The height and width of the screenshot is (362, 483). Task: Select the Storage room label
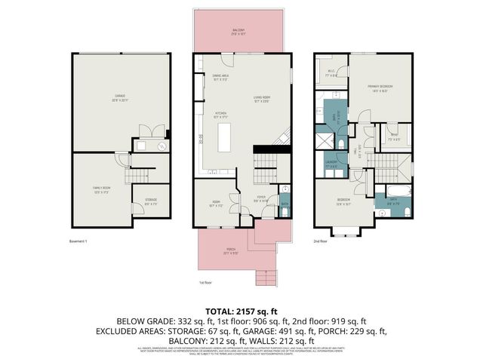[x=150, y=201]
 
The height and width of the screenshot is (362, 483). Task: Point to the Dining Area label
[x=221, y=78]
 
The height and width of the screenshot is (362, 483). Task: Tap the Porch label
[x=229, y=253]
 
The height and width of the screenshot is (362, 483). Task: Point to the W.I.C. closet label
[x=330, y=74]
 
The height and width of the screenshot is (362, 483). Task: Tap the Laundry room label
[x=331, y=164]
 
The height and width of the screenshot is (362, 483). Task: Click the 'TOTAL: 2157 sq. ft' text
[x=241, y=311]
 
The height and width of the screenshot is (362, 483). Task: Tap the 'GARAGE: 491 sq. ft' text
[x=297, y=330]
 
